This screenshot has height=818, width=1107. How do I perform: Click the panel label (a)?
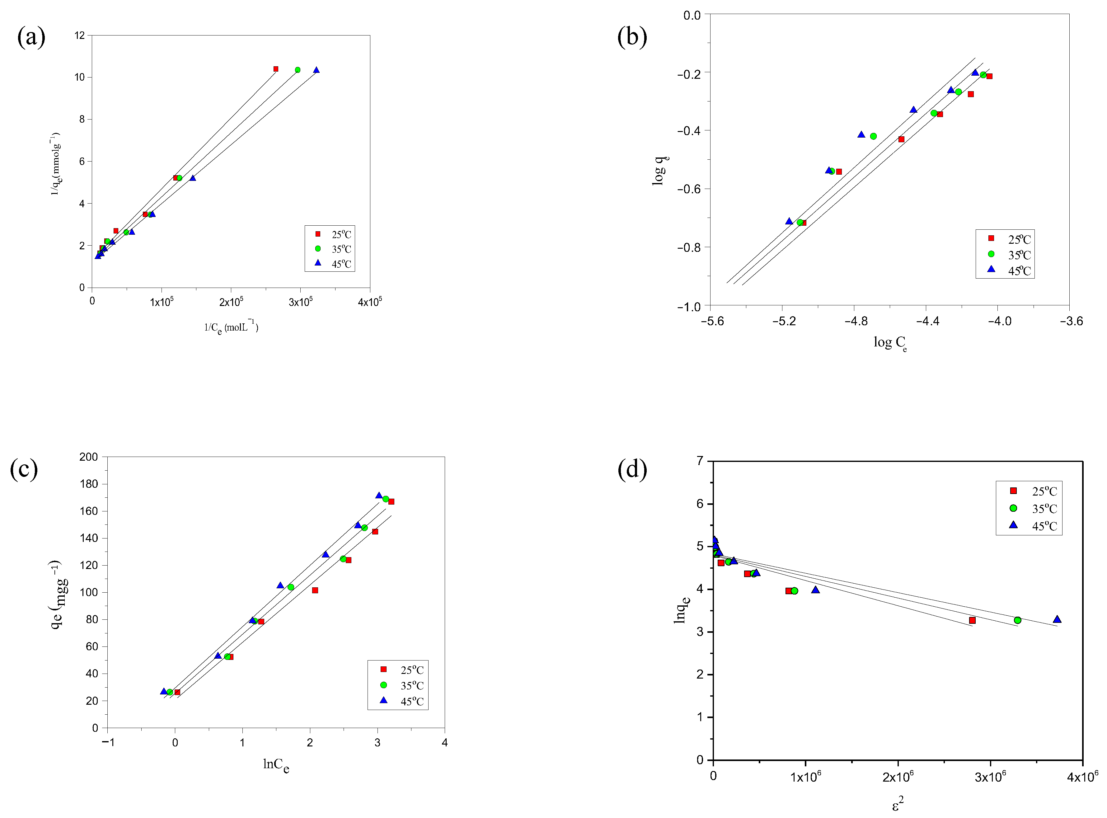(31, 37)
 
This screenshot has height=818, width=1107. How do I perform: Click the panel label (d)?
(632, 469)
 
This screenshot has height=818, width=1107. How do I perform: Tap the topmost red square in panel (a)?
(276, 69)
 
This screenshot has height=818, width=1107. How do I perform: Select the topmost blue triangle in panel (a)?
(317, 70)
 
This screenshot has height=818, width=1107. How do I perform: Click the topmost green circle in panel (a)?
(298, 70)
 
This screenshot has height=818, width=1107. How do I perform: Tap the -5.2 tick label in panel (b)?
(784, 321)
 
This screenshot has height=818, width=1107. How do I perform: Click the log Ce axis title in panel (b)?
(890, 343)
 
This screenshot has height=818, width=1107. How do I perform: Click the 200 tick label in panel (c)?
(89, 457)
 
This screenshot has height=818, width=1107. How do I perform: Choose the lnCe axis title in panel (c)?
(276, 765)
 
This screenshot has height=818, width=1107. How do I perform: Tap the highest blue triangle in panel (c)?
(379, 496)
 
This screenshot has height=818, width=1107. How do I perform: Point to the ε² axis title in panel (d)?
(898, 804)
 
